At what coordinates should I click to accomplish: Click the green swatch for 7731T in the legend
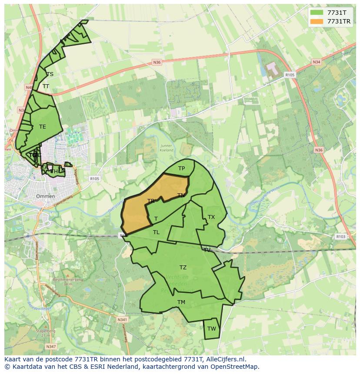click(x=317, y=13)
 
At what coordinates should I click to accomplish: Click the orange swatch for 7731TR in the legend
click(x=317, y=21)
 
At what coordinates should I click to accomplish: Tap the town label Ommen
click(x=45, y=196)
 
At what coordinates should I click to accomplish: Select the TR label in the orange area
click(x=151, y=201)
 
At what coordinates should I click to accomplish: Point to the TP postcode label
click(x=181, y=169)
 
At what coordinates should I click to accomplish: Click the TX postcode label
click(x=211, y=217)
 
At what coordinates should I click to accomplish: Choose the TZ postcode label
click(x=183, y=267)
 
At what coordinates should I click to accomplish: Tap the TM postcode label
click(x=181, y=302)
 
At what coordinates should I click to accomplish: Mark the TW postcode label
click(x=211, y=328)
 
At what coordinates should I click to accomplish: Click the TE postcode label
click(x=43, y=127)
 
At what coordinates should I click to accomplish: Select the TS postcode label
click(x=50, y=74)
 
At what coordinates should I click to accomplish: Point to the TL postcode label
click(x=156, y=232)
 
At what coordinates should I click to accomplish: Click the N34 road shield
click(x=317, y=62)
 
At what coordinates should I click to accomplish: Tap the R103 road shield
click(x=341, y=237)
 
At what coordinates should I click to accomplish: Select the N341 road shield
click(x=122, y=319)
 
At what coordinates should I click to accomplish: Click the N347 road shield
click(x=51, y=347)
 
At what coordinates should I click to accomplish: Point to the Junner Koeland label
click(x=166, y=148)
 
